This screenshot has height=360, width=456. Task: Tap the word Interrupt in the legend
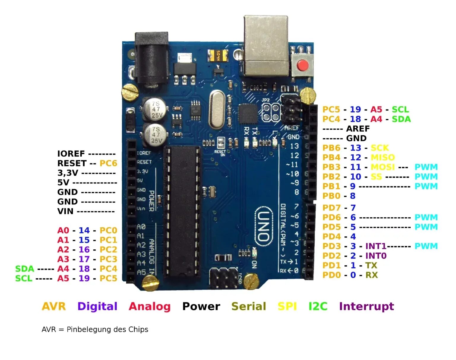(366, 306)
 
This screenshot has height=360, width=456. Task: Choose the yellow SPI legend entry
(287, 306)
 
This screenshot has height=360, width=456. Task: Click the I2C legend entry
(318, 306)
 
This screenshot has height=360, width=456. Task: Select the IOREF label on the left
(71, 154)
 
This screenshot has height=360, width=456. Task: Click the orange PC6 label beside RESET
(108, 163)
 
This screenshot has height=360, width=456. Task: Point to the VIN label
(65, 211)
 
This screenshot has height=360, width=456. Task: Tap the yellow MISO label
(383, 157)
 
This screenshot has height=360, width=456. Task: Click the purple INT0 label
(376, 256)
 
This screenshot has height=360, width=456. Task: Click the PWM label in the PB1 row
(426, 186)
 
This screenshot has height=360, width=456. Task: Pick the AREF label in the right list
(358, 129)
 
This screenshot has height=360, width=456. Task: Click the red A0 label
(63, 230)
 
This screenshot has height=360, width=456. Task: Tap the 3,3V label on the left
(68, 173)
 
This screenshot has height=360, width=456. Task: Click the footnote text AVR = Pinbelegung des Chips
(95, 329)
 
